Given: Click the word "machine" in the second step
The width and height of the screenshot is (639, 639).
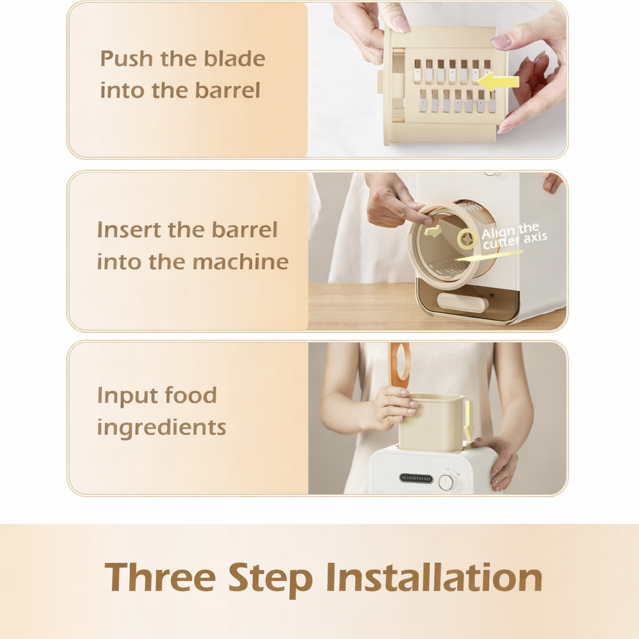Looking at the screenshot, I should (240, 261).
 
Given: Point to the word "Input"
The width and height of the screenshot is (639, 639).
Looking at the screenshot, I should (125, 395).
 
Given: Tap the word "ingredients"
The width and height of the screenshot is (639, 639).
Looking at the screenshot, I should (161, 428).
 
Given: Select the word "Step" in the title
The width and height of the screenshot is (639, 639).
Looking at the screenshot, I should (270, 578).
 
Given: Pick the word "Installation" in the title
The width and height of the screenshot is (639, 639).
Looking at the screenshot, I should (434, 577).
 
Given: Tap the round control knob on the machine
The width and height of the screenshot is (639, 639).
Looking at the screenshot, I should (447, 482).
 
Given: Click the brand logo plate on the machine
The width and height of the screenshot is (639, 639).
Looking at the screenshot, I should (416, 478).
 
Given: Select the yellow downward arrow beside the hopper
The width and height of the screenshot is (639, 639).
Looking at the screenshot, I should (469, 419).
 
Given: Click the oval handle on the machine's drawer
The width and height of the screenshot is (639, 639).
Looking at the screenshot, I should (462, 303).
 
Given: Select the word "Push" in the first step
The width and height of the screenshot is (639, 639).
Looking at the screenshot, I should (125, 59).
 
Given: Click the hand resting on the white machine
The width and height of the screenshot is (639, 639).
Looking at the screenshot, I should (500, 459).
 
